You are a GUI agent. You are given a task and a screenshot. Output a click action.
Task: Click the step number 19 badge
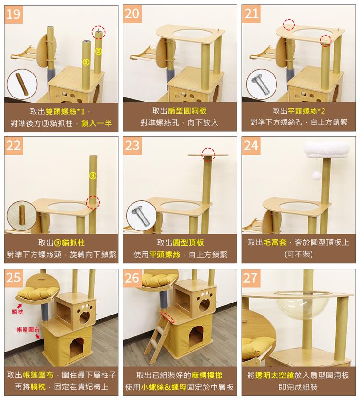coord(14,14)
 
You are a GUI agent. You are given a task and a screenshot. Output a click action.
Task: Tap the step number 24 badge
coord(251,145)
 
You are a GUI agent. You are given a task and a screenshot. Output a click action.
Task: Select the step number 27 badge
coord(251,278)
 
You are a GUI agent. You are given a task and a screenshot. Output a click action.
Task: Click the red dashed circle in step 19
coord(98,32)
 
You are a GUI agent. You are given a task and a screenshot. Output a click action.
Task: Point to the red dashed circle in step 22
coord(93,202)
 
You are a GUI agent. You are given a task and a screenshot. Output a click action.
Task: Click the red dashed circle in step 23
coord(208,154)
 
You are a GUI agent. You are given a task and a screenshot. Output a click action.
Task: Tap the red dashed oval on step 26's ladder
coord(168,315)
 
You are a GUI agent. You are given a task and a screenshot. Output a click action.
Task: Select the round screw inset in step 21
coord(261,84)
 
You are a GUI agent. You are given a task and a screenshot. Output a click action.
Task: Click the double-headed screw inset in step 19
coord(22,84)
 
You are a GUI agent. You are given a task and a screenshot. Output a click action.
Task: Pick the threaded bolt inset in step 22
coord(22,216)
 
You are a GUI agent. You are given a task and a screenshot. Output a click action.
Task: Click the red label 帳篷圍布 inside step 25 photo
coord(26,330)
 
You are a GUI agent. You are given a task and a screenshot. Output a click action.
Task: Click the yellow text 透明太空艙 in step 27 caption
coord(275,375)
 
